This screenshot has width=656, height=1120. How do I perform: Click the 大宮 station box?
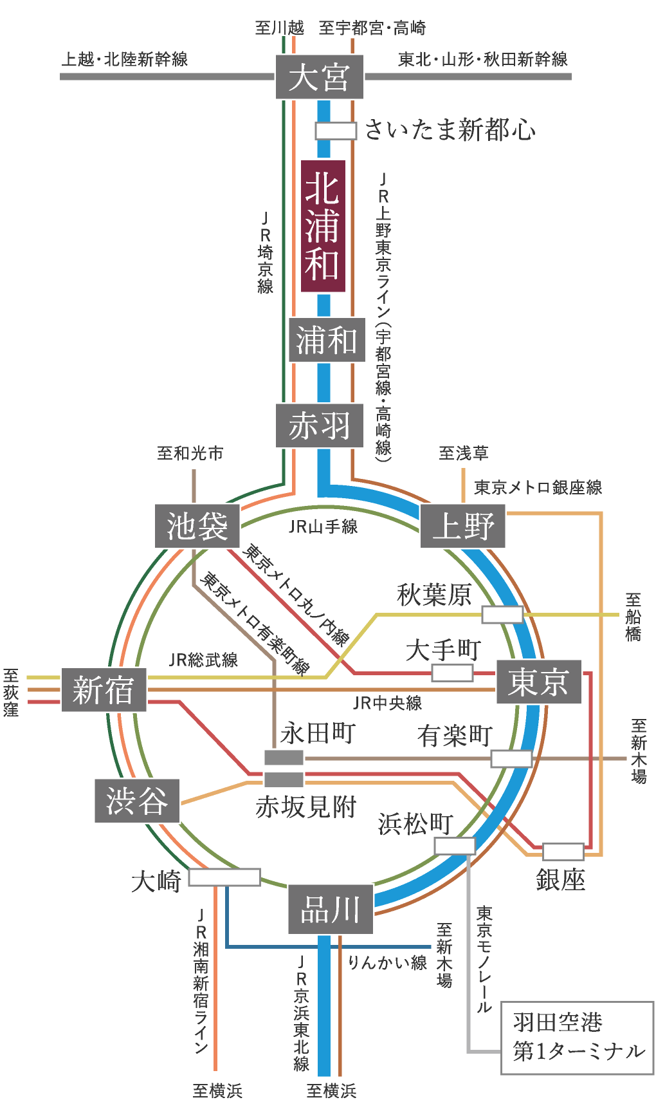point(320,77)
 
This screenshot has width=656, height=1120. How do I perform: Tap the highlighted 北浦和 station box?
point(323,226)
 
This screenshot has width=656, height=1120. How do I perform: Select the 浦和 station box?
point(327,339)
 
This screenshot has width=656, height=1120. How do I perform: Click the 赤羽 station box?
point(320,425)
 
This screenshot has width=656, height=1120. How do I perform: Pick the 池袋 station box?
point(197,527)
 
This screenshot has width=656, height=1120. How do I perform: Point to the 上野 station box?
point(463,527)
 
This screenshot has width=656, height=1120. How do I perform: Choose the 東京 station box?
point(539,682)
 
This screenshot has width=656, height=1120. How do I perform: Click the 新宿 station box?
point(104,690)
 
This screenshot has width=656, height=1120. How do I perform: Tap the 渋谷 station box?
point(137,801)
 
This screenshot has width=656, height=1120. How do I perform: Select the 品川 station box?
point(331,910)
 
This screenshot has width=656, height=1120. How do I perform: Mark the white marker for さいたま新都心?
point(336,131)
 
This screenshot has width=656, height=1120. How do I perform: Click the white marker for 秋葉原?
point(502,615)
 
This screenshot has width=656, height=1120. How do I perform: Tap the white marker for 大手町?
point(452,673)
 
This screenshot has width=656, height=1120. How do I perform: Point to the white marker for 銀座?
point(563,852)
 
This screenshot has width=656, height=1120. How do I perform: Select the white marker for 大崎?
point(224,877)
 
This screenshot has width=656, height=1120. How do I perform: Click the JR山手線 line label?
point(323,527)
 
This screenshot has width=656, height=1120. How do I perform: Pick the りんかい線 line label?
point(387,962)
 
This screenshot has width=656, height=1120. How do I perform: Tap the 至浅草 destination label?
point(464,453)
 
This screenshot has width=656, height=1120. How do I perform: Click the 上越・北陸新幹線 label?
point(125,59)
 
